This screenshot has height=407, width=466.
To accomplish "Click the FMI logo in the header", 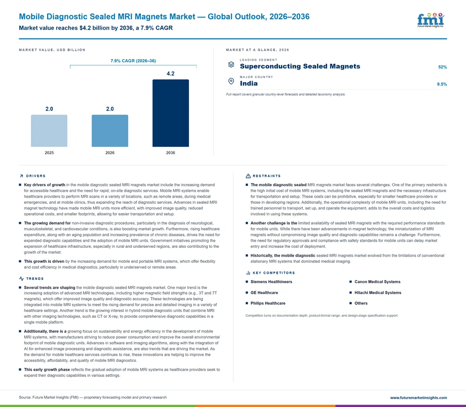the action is (431, 20).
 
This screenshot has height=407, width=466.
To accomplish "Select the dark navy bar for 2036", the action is (170, 113).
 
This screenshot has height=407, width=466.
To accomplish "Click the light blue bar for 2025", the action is (49, 131).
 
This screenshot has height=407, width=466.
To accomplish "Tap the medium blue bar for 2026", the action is (110, 131).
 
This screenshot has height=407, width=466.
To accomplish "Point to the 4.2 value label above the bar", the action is (170, 74).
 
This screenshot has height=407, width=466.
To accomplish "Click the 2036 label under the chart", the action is (170, 152).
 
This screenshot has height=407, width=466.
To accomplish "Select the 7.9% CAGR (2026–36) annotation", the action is (133, 61).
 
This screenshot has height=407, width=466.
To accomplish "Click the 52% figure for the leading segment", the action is (443, 67).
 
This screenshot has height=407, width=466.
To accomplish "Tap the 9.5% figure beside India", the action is (442, 84).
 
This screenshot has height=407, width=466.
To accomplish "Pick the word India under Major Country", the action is (249, 83).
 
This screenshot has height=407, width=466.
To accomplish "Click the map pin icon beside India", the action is (231, 81).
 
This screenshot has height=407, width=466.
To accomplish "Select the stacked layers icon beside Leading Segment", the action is (231, 64).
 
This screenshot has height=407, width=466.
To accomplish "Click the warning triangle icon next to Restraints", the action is (248, 176).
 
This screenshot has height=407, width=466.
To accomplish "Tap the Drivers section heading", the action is (36, 176).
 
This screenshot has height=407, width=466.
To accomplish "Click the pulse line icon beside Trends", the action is (21, 279).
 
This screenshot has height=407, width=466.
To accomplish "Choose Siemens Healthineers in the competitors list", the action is (271, 282).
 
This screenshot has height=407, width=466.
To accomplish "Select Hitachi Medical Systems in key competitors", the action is (378, 293).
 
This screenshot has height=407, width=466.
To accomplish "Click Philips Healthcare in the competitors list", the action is (268, 303).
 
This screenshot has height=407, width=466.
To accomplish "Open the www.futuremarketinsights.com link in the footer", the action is (418, 398).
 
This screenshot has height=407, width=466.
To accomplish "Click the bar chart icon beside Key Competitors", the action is (248, 273).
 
